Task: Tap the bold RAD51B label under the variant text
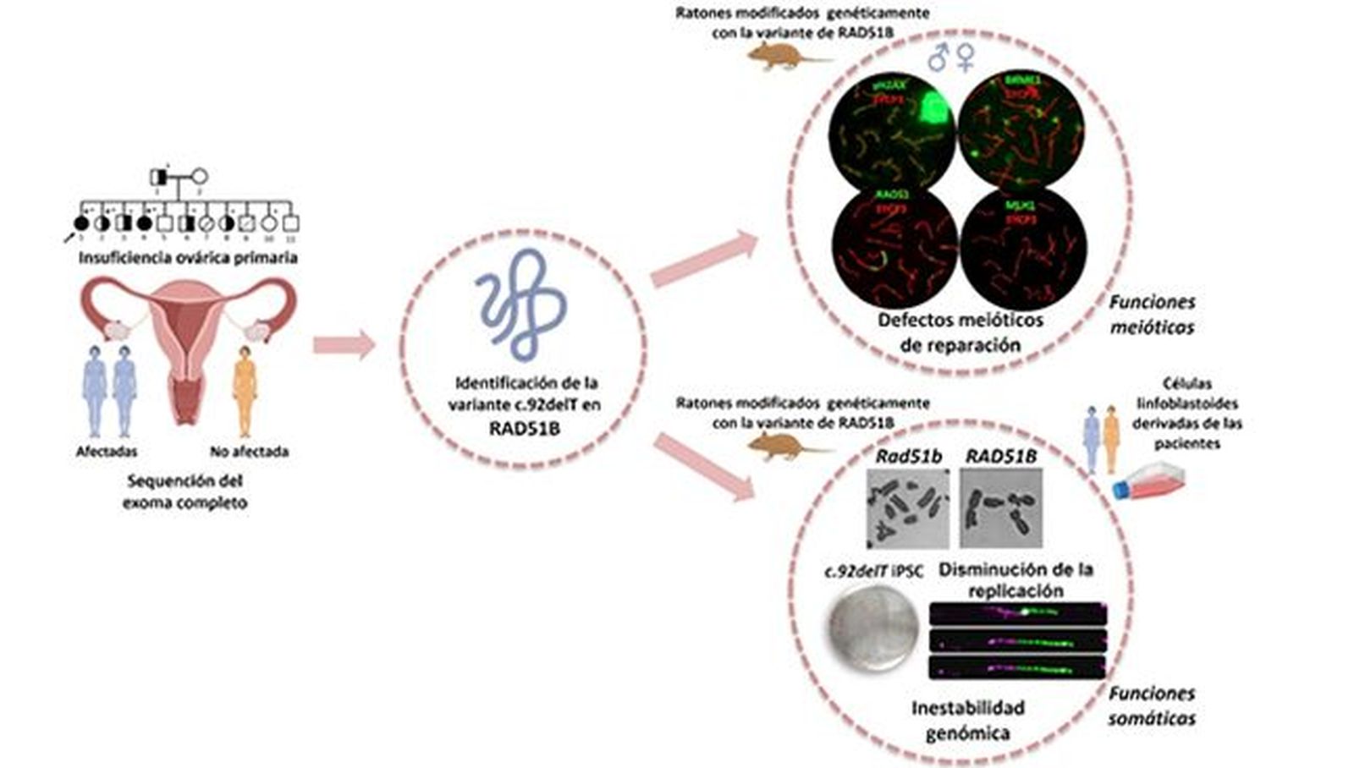point(524,428)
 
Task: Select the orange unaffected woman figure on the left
point(245,390)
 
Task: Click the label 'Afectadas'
point(107,452)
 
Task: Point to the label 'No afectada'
point(249,452)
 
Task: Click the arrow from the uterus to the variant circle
point(344,344)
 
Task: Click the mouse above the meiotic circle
point(783,57)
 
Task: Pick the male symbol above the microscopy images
point(938,58)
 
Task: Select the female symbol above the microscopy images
point(966,58)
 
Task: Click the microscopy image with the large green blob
point(892,130)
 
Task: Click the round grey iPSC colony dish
point(872,626)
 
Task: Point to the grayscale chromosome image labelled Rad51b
point(908,507)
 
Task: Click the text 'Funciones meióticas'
point(1152,315)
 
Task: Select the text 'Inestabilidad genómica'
point(967,720)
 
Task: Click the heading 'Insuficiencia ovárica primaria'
point(188,258)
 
